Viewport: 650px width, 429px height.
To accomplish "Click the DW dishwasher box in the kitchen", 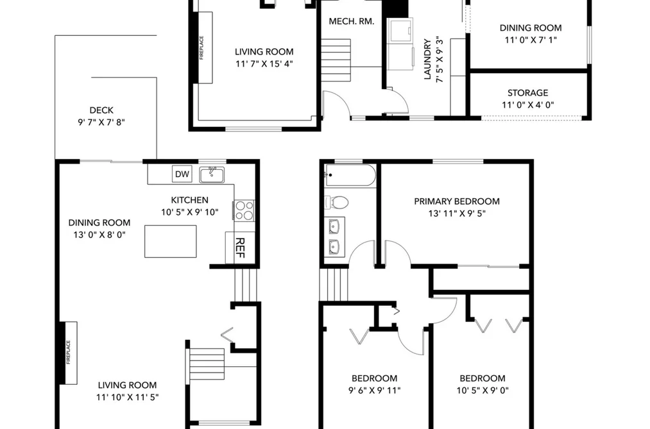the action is [x=182, y=174].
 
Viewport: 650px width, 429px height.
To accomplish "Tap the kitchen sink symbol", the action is [x=212, y=175].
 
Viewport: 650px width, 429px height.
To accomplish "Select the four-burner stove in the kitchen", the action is [x=244, y=210].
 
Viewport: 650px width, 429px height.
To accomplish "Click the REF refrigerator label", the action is [x=239, y=248].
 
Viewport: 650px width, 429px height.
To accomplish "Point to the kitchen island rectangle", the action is [x=171, y=241].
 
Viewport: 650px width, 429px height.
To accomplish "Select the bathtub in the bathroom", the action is [x=350, y=175].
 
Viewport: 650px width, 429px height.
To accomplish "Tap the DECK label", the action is [x=101, y=110].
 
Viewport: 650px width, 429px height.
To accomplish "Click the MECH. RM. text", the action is [x=352, y=21].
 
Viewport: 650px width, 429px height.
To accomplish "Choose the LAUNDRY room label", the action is [x=427, y=59].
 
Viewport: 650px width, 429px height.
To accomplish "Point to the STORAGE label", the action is [x=527, y=93].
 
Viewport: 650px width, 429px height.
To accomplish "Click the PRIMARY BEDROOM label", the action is [x=457, y=201].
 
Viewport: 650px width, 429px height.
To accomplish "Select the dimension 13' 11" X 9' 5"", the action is [x=457, y=214].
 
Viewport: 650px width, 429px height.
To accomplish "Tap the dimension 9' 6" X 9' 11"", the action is [x=375, y=390].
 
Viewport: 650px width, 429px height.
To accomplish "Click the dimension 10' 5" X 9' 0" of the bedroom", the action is [x=483, y=390].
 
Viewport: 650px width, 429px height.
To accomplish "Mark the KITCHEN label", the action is [x=190, y=200].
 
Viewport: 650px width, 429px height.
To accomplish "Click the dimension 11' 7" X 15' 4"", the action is [x=264, y=63].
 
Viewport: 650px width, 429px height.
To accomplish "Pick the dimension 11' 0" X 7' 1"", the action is [x=531, y=40].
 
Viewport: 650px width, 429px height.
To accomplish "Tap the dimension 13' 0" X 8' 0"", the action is [x=99, y=235].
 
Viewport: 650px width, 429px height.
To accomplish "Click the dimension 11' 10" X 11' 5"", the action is [x=128, y=397].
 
